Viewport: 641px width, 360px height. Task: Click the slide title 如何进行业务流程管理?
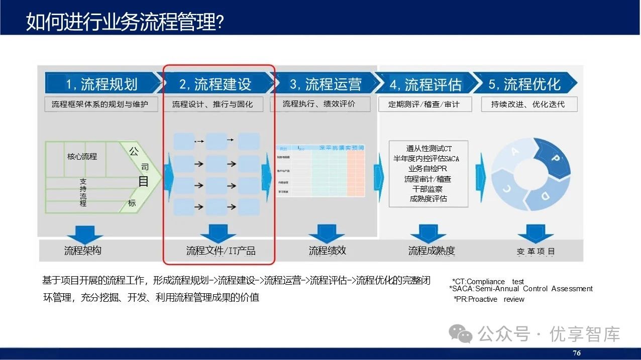(x=125, y=22)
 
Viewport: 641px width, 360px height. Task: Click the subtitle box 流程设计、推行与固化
(x=212, y=104)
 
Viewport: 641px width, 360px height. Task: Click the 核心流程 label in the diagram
(x=82, y=156)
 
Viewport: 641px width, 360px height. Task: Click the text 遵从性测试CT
(x=429, y=149)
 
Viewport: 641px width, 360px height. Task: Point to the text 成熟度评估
(x=429, y=198)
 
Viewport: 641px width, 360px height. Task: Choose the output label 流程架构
(x=82, y=251)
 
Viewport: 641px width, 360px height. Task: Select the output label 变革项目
(x=536, y=252)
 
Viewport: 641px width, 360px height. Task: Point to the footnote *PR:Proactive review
(x=488, y=299)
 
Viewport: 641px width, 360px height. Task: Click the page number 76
(x=577, y=353)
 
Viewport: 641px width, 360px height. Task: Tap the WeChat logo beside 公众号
(x=460, y=333)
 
